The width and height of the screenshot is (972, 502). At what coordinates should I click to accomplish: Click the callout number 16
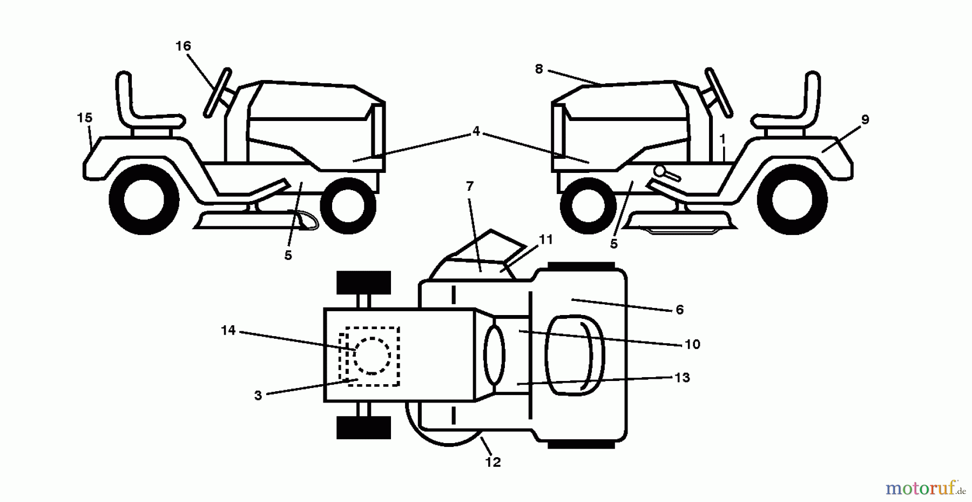pos(183,46)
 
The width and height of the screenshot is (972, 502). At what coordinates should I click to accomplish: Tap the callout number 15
pos(84,118)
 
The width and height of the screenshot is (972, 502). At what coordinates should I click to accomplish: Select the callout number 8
pos(538,70)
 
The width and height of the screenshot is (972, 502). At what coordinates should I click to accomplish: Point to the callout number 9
pos(865,120)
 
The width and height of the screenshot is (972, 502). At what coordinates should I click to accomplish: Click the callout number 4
pos(476,131)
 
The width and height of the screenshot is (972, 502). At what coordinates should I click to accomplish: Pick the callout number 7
pos(469,186)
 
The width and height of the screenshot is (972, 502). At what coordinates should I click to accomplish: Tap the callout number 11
pos(546,239)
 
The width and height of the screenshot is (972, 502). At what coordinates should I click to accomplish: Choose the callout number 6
pos(679,310)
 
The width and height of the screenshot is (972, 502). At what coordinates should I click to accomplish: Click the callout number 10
pos(692,344)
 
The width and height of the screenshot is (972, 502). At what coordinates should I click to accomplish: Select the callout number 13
pos(683,378)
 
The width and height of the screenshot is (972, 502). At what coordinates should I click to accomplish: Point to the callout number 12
pos(493,462)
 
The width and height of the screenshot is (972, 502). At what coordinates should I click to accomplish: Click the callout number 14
pos(228,330)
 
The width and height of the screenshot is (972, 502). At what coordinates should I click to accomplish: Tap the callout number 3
pos(258,396)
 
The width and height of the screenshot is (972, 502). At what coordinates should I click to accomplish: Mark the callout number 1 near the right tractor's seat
pos(723,139)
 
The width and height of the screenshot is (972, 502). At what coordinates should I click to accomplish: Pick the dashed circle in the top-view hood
pos(372,356)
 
